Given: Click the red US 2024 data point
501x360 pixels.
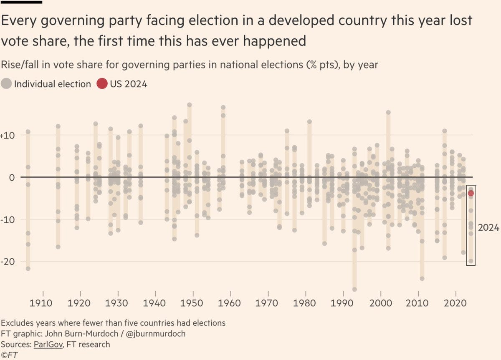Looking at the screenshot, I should click(x=471, y=193).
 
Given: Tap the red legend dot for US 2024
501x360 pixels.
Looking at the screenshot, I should click(x=101, y=84).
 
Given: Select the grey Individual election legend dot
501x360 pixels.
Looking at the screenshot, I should click(x=6, y=84).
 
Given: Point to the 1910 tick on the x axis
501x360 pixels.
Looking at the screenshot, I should click(x=43, y=302).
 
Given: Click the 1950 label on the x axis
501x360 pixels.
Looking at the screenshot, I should click(x=193, y=302).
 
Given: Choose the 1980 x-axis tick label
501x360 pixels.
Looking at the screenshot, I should click(x=306, y=302).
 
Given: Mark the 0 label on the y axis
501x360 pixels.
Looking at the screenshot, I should click(x=13, y=177).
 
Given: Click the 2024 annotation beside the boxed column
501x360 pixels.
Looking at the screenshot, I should click(x=488, y=228).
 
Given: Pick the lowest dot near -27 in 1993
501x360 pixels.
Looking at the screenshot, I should click(x=354, y=289).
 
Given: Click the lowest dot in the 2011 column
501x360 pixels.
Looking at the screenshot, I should click(x=422, y=278).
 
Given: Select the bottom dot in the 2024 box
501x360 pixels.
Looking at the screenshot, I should click(x=471, y=261).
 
